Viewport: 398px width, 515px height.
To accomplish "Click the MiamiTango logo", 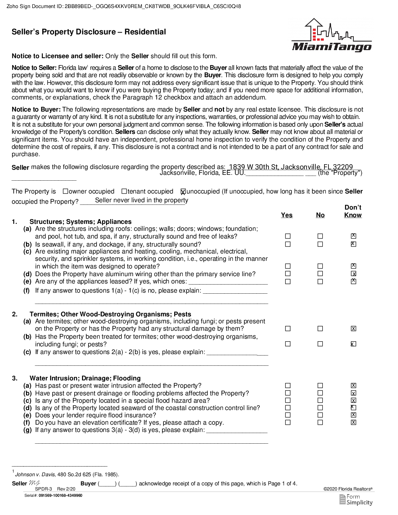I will (x=331, y=35).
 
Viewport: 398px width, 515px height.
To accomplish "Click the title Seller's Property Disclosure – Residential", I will (x=89, y=32).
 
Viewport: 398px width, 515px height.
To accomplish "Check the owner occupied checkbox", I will (x=65, y=191).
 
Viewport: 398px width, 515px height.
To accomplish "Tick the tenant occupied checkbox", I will (x=124, y=191).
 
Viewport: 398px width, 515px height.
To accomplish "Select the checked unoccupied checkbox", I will (x=183, y=191).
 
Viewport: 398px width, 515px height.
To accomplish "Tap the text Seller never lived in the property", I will (x=142, y=200).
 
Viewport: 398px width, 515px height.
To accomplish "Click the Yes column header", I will (x=286, y=215).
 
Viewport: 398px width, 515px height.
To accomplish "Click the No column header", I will (x=320, y=215).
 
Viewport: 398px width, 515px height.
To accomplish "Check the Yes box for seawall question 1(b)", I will (x=288, y=244).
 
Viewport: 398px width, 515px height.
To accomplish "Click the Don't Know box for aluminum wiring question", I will (x=353, y=274).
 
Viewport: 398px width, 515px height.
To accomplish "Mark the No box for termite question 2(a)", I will (x=320, y=328).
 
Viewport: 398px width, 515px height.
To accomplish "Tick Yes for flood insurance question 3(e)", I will (x=288, y=415).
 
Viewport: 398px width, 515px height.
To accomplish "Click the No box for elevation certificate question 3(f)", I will (x=320, y=422).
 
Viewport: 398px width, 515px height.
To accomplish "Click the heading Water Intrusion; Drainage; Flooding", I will (x=85, y=378).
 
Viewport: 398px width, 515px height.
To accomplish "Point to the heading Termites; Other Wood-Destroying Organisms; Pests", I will (x=110, y=314).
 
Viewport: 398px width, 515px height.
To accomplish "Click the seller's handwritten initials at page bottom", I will (x=34, y=483).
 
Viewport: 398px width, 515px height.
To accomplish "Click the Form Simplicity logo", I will (x=356, y=499).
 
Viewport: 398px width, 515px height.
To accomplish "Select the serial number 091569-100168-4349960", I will (x=60, y=496).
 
